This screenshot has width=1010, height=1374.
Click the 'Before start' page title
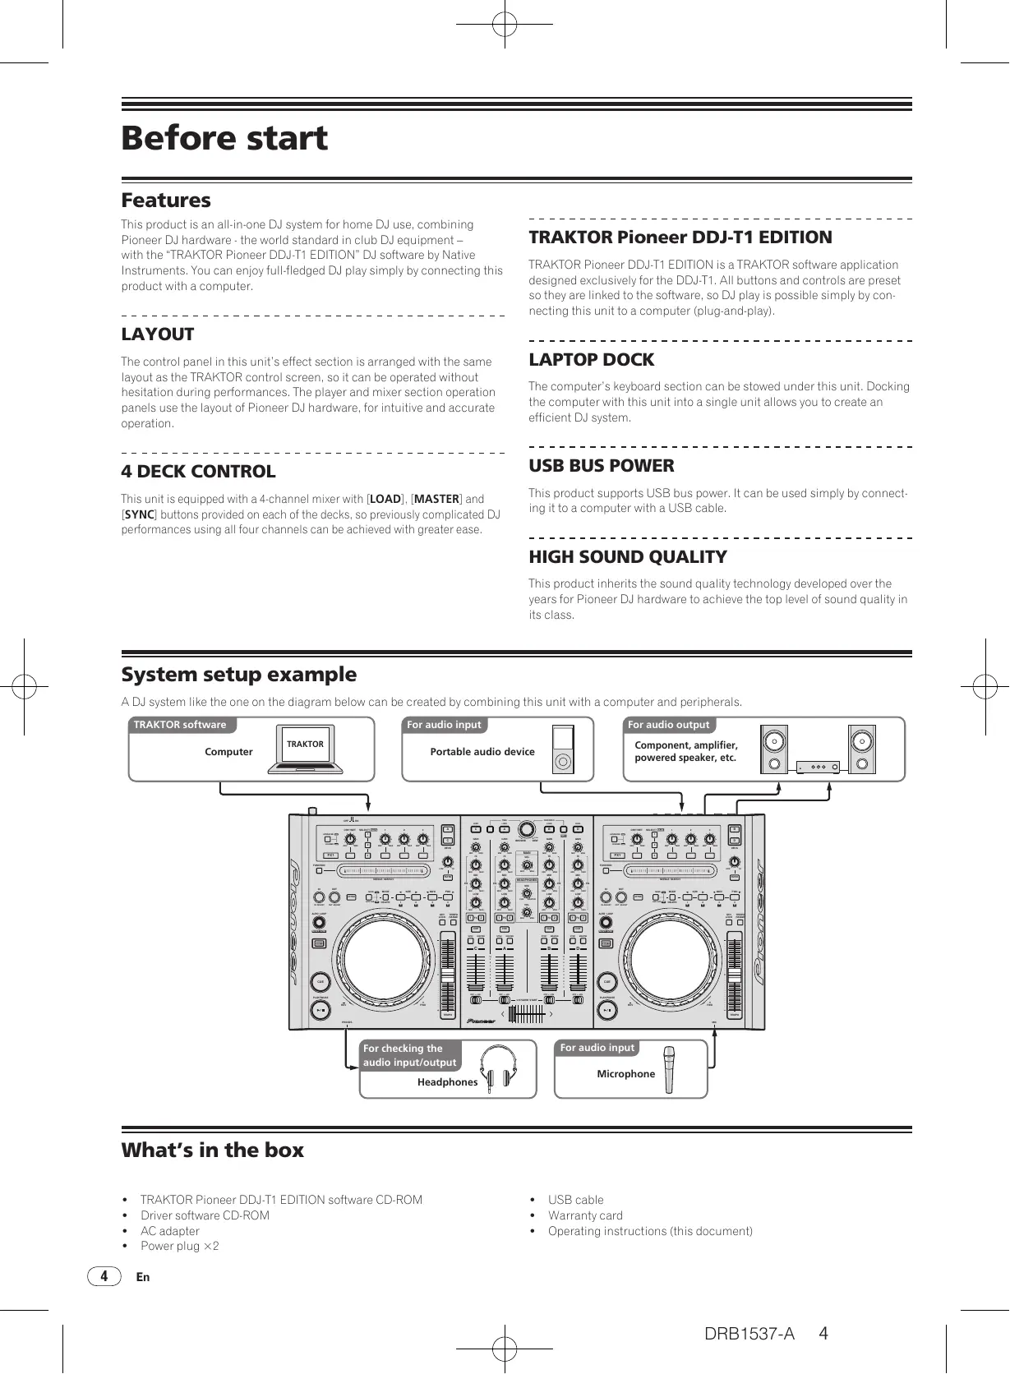coord(224,138)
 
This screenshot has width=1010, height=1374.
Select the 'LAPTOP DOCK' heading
coord(591,360)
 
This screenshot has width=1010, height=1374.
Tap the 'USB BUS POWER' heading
coord(601,466)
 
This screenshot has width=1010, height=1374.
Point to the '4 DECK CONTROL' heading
coord(198,472)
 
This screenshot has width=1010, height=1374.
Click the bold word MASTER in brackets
coord(436,499)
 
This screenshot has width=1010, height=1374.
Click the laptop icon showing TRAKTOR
coord(305,749)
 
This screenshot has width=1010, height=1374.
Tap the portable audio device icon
coord(562,749)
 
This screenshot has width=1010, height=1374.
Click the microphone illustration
coord(670,1069)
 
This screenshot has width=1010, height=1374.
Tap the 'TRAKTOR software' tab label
coord(180,725)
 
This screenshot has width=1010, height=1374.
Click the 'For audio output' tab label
coord(668,725)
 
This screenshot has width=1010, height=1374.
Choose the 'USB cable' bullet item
coord(575,1200)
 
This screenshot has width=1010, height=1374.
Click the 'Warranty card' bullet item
coord(585,1215)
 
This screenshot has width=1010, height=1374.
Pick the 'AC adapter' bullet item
coord(169,1231)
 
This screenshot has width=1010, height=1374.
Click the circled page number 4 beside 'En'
coord(104,1277)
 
